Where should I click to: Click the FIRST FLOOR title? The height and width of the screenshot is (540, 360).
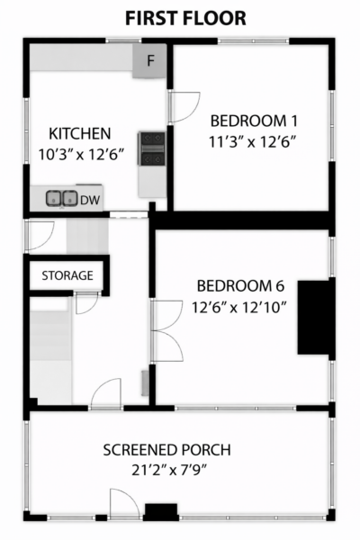click(185, 19)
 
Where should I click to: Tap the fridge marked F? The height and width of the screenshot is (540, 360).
click(150, 61)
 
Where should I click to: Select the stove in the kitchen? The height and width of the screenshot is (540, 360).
click(151, 148)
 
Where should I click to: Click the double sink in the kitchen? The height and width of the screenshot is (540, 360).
click(62, 199)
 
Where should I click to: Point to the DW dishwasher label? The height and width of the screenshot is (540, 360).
click(90, 200)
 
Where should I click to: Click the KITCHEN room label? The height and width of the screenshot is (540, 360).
click(80, 133)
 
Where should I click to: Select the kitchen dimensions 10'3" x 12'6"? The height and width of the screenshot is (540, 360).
click(81, 154)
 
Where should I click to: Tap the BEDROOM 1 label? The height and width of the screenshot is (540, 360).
click(254, 121)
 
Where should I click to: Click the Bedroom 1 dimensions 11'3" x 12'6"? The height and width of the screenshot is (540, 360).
click(253, 141)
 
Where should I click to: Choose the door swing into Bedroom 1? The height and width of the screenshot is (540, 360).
click(184, 107)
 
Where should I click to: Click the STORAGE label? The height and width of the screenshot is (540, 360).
click(67, 275)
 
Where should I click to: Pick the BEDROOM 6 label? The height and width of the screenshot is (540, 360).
click(241, 286)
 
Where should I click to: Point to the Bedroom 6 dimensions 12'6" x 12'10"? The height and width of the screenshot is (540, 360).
click(239, 307)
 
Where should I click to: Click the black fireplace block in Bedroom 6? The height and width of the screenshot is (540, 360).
click(316, 317)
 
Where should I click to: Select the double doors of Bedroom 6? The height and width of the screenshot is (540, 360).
click(166, 331)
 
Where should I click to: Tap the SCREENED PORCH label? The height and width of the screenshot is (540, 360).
click(167, 450)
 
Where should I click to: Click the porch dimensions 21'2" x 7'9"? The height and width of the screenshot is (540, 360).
click(169, 470)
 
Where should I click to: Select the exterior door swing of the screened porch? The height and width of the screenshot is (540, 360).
click(125, 503)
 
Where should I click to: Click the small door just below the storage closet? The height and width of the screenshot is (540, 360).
click(86, 302)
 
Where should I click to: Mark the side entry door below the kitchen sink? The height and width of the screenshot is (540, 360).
click(40, 236)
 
